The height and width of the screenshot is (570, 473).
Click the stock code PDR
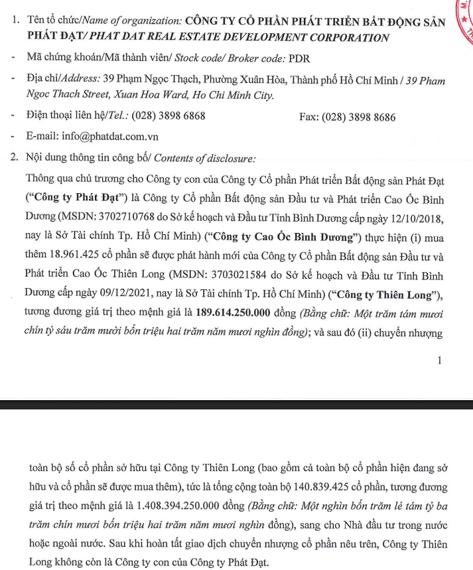[299, 58]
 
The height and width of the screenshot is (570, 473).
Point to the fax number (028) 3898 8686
[358, 117]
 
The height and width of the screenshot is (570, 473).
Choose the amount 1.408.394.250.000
[158, 506]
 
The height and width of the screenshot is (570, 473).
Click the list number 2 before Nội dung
[15, 158]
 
